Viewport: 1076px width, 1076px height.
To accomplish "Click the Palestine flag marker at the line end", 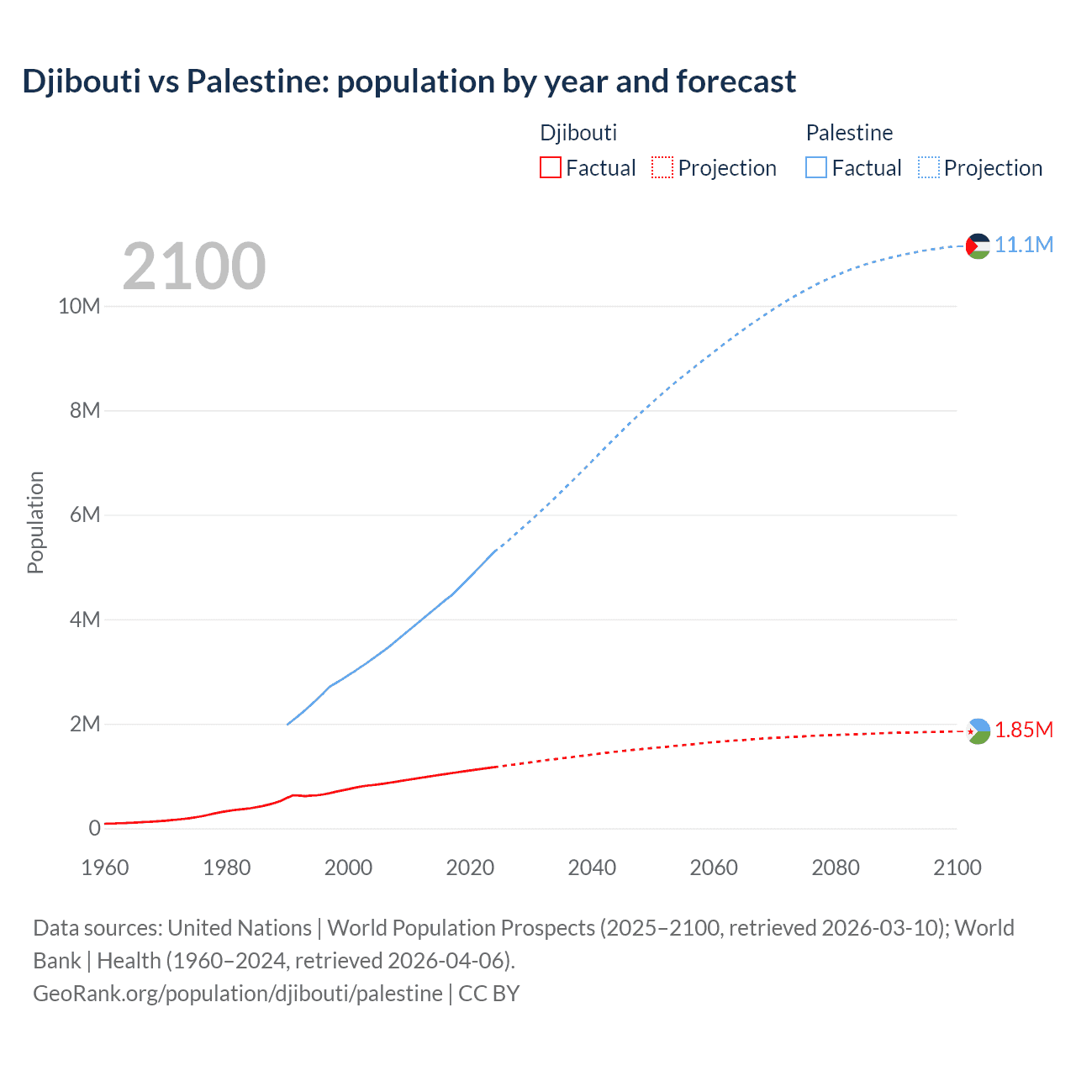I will coord(978,245).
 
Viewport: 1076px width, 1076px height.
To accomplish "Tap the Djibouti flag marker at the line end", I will coord(978,731).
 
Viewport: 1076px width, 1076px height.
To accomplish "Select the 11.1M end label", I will coord(1024,245).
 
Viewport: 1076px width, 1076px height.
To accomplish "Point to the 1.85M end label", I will coord(1024,730).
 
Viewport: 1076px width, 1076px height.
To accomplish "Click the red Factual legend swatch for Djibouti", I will coord(550,168).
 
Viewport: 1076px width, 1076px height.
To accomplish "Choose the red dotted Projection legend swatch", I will coord(662,168).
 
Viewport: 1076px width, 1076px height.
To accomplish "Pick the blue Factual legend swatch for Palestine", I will coord(816,168).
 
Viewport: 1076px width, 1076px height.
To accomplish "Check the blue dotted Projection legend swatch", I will coord(929,168).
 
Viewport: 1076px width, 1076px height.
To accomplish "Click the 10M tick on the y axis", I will coord(79,306).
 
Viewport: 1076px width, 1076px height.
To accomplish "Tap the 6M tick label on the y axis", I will coord(85,514).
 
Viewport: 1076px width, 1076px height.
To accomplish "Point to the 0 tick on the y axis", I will coord(94,828).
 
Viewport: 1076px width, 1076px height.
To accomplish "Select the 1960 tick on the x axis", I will coord(105,868).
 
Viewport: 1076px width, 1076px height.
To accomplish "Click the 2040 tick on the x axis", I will coord(592,868).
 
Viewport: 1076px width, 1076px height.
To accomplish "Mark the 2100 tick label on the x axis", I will coord(957,868).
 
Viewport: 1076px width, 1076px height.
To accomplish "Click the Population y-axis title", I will coord(35,522).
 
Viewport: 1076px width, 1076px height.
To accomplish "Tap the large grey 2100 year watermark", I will coord(194,266).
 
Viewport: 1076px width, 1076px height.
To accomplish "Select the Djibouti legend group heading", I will coord(578,133).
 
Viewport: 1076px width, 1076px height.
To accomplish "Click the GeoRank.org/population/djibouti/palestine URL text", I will coord(238,994).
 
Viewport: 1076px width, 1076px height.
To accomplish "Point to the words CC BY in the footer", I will coord(489,994).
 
